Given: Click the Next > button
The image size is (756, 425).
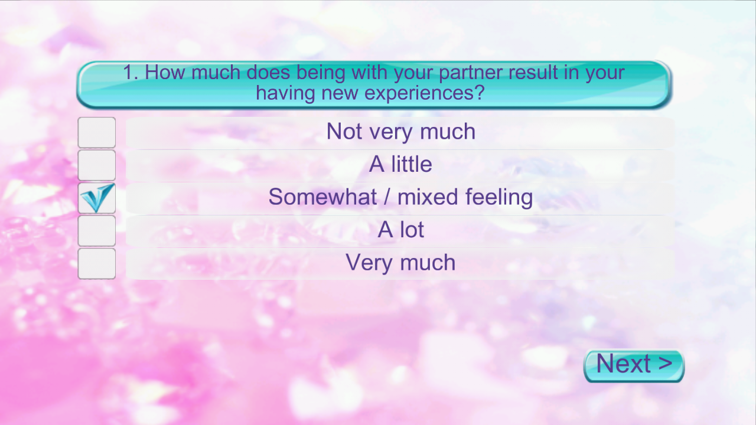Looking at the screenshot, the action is coord(634,365).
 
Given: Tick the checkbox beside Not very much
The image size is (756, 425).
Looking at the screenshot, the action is coord(96,132).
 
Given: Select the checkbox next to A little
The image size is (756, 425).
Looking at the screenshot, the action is coord(96,165).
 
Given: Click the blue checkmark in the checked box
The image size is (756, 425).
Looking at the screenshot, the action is coord(97,198).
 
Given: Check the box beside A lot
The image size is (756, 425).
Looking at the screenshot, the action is coord(96,231).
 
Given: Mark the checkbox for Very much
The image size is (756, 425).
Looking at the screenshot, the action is coord(96,263).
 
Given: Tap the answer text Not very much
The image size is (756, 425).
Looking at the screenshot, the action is coord(401,132).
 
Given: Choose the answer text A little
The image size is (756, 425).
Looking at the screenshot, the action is coord(400,164).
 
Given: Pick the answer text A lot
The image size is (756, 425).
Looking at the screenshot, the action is coord(400,230).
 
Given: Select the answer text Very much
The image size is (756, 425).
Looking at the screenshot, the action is coord(400,263).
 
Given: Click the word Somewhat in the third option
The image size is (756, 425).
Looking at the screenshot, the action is coord(322,197).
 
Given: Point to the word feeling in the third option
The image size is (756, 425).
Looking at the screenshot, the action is coord(499,198).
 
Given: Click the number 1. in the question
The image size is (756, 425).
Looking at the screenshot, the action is coord(131,72).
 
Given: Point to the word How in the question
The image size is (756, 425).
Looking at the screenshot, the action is coord(165,72).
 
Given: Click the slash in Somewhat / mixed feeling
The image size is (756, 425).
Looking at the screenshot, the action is coord(387,197).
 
